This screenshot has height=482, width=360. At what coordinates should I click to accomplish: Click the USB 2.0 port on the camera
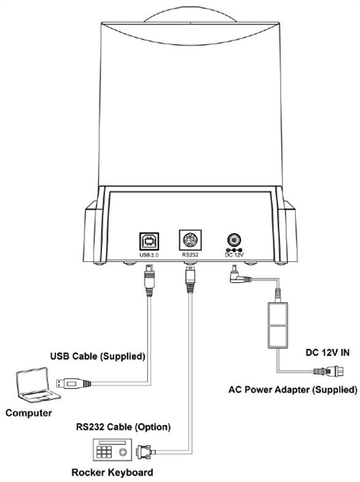click(149, 241)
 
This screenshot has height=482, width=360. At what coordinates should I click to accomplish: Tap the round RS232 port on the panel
click(190, 240)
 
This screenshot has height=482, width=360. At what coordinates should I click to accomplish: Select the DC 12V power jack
click(234, 239)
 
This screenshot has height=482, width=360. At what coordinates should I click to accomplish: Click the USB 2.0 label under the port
click(149, 255)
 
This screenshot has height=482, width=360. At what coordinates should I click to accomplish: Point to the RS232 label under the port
click(190, 255)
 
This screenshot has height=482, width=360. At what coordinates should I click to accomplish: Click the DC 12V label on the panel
click(235, 255)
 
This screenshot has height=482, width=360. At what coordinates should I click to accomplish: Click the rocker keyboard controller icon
click(112, 451)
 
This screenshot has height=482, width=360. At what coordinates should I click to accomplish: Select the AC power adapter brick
click(278, 325)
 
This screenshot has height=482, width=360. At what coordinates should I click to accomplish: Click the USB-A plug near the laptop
click(73, 383)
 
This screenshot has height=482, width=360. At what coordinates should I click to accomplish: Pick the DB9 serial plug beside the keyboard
click(145, 451)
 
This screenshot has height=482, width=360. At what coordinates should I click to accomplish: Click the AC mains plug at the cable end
click(329, 371)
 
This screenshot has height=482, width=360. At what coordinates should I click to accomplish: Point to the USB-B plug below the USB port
click(149, 280)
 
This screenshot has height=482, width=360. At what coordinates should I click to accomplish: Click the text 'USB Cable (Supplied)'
click(98, 356)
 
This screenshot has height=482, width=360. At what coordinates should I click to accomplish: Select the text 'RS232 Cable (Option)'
click(123, 427)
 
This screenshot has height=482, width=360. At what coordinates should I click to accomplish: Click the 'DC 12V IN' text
click(327, 353)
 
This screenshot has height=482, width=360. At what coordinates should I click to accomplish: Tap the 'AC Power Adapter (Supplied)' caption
click(292, 390)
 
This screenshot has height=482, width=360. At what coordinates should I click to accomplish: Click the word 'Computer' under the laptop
click(29, 413)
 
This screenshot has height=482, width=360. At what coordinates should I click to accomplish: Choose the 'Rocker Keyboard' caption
click(112, 472)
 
